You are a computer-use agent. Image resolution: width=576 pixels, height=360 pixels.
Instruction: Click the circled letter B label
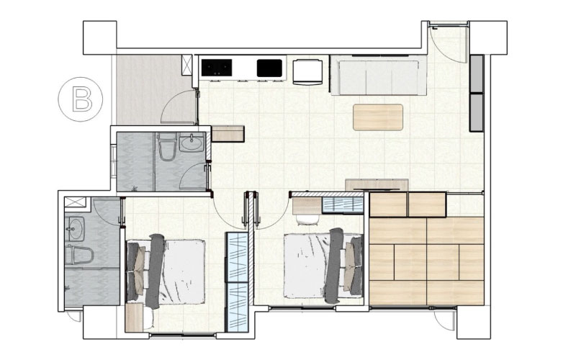click(x=81, y=99)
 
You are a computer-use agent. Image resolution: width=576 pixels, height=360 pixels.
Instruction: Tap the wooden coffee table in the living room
click(x=377, y=117)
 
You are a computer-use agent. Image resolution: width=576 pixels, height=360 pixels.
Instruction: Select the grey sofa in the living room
click(x=379, y=75)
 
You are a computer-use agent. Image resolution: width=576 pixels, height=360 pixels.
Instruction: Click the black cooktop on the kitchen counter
click(x=217, y=68)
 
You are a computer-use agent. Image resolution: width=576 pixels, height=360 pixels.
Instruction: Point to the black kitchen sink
click(x=269, y=68)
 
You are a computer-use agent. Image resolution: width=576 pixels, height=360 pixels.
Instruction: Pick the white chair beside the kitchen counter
click(x=308, y=71)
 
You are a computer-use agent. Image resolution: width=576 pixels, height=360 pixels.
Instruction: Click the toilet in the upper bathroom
click(x=167, y=147)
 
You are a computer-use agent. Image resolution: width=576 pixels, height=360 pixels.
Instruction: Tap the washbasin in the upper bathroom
click(x=191, y=143)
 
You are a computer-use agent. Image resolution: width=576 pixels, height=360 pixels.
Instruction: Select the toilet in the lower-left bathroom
click(x=79, y=256)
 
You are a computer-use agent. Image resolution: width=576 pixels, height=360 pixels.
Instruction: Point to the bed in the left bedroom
click(x=166, y=271)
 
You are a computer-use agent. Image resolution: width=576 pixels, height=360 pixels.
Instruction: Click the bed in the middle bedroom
click(x=323, y=266)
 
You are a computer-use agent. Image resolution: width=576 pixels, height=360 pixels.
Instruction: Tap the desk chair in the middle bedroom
click(x=307, y=220)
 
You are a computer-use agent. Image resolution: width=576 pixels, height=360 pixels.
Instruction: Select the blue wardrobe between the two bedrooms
click(x=237, y=282)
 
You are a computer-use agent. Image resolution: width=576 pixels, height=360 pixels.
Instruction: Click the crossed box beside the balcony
click(x=187, y=65)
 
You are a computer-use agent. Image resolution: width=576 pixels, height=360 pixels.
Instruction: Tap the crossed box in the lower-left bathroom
click(x=76, y=202)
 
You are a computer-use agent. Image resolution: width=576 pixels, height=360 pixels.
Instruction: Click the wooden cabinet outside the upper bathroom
click(x=228, y=133)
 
